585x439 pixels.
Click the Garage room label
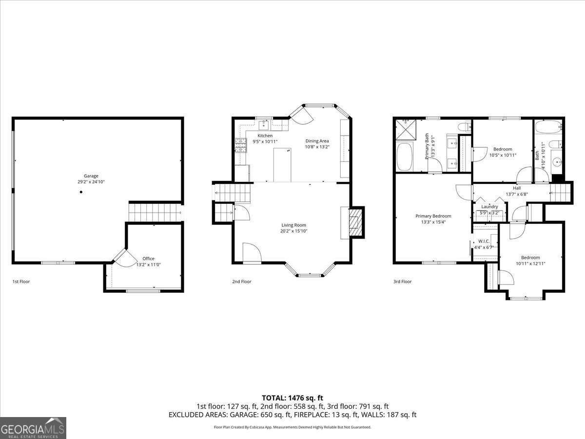[x=91, y=176]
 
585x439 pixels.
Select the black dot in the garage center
[x=81, y=192]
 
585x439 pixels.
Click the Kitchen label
[x=265, y=136]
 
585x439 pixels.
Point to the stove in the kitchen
[x=241, y=145]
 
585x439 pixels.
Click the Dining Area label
[x=317, y=141]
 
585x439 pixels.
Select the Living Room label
[x=293, y=225]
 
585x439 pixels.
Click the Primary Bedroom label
[x=433, y=216]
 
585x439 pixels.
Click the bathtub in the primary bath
[x=405, y=157]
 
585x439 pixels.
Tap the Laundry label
[x=489, y=207]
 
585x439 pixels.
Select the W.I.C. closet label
[x=484, y=241]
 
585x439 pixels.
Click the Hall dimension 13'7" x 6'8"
[x=517, y=194]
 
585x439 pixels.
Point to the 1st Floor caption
[x=21, y=281]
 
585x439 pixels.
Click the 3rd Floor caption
[x=402, y=281]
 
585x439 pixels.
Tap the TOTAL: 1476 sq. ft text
[x=292, y=398]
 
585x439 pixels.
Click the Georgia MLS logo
[x=33, y=428]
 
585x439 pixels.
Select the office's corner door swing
[x=120, y=259]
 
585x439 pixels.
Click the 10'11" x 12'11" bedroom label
[x=530, y=263]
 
